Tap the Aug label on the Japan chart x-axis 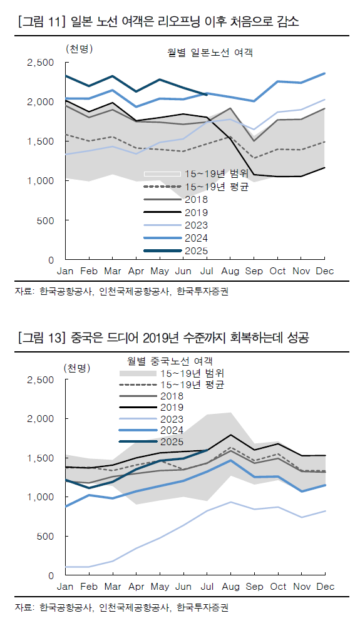230,271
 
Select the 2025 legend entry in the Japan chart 196,251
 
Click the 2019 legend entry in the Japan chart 196,212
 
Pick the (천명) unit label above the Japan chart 78,48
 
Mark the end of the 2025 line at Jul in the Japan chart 207,95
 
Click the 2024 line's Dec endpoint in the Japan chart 324,73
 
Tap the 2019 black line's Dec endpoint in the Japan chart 324,167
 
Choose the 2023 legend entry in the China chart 172,419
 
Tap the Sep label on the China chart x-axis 254,587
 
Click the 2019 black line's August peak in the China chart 230,435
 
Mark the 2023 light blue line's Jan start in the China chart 66,567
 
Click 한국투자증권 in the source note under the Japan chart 202,291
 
